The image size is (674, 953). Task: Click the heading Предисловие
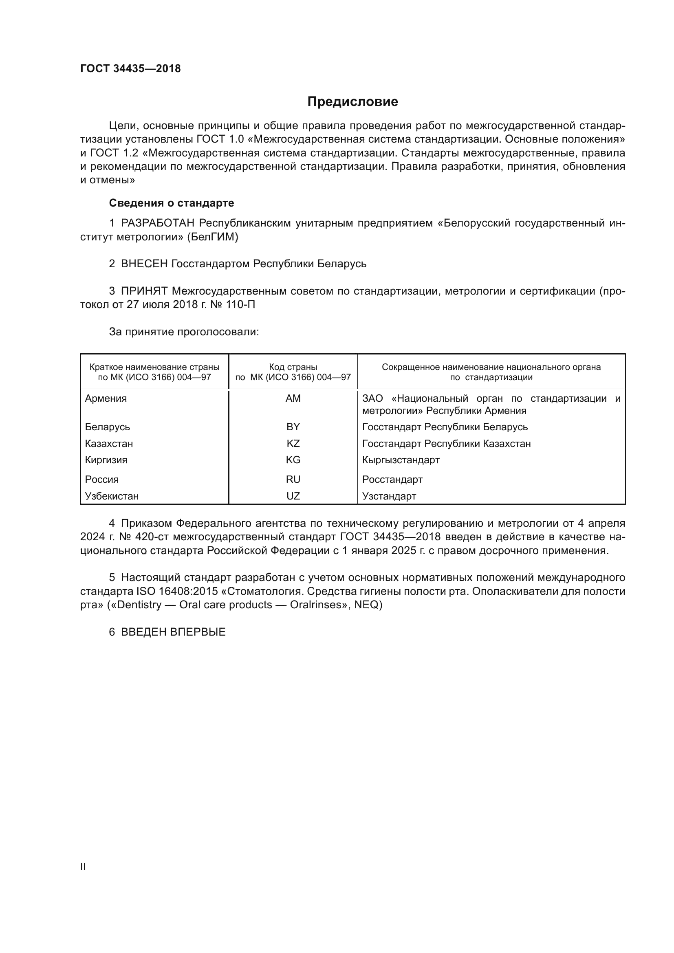click(352, 102)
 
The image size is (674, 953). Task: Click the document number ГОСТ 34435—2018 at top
click(130, 69)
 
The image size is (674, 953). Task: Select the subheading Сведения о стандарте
click(172, 203)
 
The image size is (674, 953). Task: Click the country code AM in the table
click(293, 398)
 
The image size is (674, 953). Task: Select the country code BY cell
click(293, 427)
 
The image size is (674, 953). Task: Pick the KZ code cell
click(293, 444)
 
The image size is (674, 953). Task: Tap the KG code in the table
click(293, 460)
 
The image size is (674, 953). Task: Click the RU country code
click(293, 480)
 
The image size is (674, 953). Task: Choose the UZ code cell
click(293, 496)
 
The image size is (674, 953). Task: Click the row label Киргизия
click(106, 460)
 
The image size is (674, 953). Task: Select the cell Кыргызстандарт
click(401, 460)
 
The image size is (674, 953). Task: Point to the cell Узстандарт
click(389, 496)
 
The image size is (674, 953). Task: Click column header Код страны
click(293, 367)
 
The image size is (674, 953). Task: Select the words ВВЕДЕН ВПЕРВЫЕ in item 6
click(173, 632)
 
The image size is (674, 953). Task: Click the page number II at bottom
click(83, 867)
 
